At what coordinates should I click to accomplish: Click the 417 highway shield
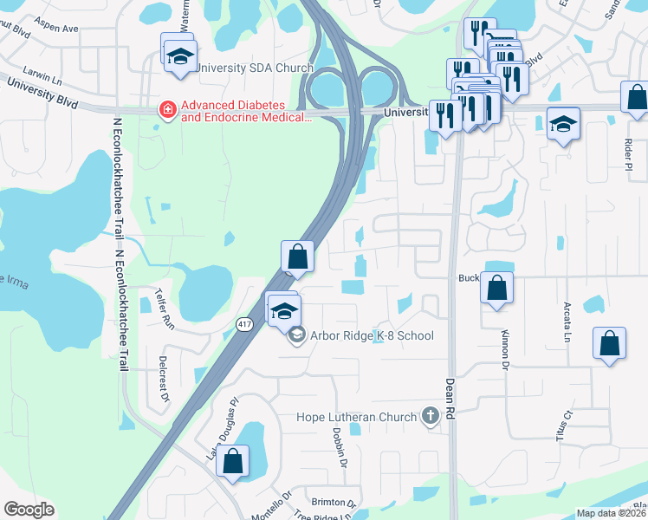(x=243, y=324)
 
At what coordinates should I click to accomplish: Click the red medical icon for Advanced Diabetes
(x=166, y=110)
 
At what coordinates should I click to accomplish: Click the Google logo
(x=29, y=510)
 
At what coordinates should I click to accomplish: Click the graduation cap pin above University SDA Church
(x=180, y=55)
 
